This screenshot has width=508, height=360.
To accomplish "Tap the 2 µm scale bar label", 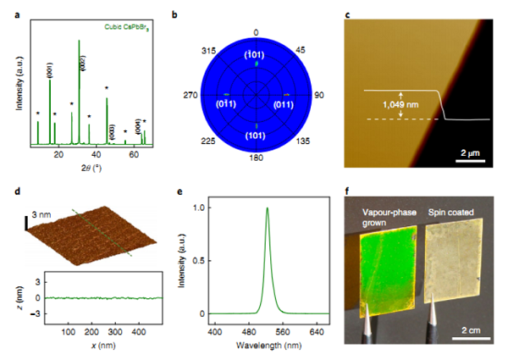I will pos(471,152).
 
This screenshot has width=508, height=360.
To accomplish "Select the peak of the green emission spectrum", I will pos(268,208).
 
